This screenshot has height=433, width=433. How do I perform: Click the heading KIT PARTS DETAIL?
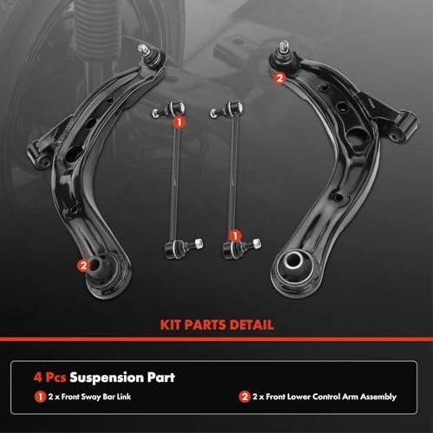tap(216, 325)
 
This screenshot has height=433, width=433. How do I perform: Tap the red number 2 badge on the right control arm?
tap(280, 78)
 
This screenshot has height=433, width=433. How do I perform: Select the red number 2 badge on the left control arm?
tap(83, 265)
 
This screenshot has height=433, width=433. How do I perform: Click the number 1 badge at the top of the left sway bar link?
tap(179, 122)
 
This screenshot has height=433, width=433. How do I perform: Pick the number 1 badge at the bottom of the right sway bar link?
tap(235, 236)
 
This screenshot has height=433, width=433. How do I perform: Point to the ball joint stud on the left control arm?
tap(143, 50)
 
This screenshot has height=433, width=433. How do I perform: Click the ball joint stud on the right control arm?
tap(284, 47)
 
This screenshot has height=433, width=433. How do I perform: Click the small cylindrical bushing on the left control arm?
tap(38, 154)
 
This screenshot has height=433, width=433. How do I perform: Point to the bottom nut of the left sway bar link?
tap(199, 243)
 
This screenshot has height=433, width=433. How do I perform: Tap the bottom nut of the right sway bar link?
tap(256, 242)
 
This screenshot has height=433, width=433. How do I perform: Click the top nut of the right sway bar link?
tap(214, 113)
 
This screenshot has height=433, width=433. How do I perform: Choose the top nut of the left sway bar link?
tap(156, 113)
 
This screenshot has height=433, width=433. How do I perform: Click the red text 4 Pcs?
tap(49, 378)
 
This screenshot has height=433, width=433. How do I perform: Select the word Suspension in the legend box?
tap(107, 378)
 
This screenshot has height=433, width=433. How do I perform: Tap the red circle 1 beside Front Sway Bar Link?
tap(40, 397)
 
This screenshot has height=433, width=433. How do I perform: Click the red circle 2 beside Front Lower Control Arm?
tap(244, 397)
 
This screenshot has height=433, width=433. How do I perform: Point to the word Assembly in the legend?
tap(378, 397)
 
